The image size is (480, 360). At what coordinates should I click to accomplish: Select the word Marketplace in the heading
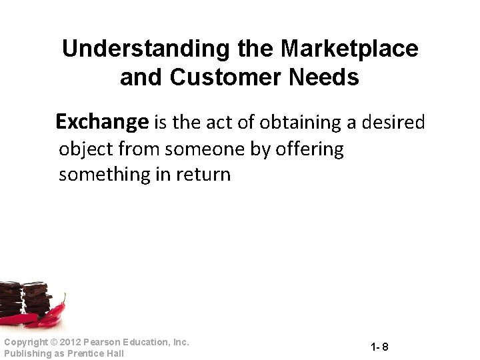[349, 49]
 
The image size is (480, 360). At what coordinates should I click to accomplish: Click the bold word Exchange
[102, 122]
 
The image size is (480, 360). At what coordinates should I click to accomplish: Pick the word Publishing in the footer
[26, 353]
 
